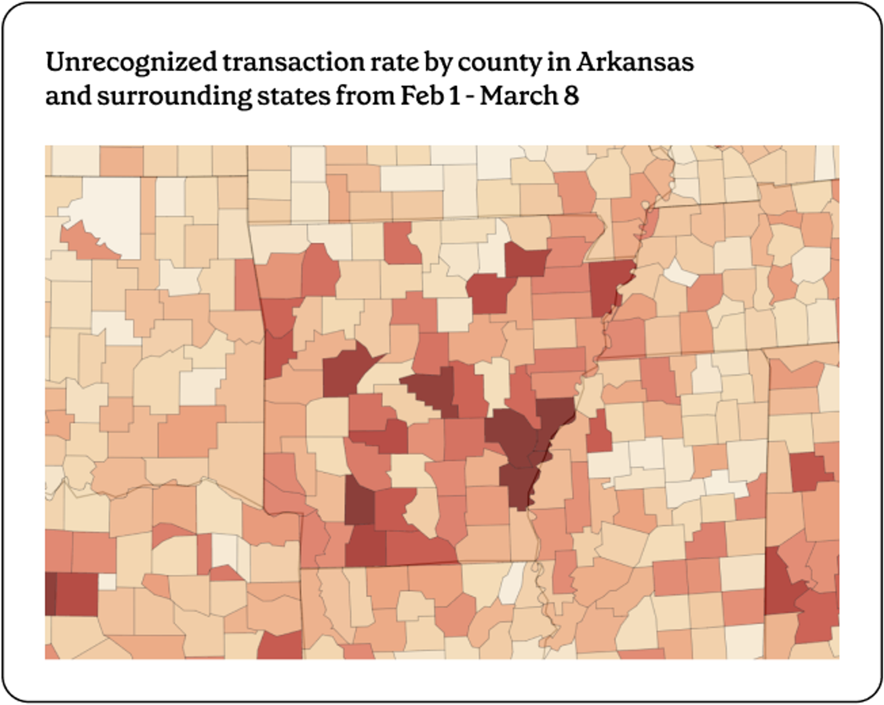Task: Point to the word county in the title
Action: (499, 62)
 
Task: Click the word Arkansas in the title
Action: (635, 62)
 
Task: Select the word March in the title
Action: (518, 96)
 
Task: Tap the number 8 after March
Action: (571, 96)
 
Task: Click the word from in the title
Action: (365, 96)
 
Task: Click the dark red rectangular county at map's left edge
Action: (76, 594)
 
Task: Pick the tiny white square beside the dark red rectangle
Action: (107, 582)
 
